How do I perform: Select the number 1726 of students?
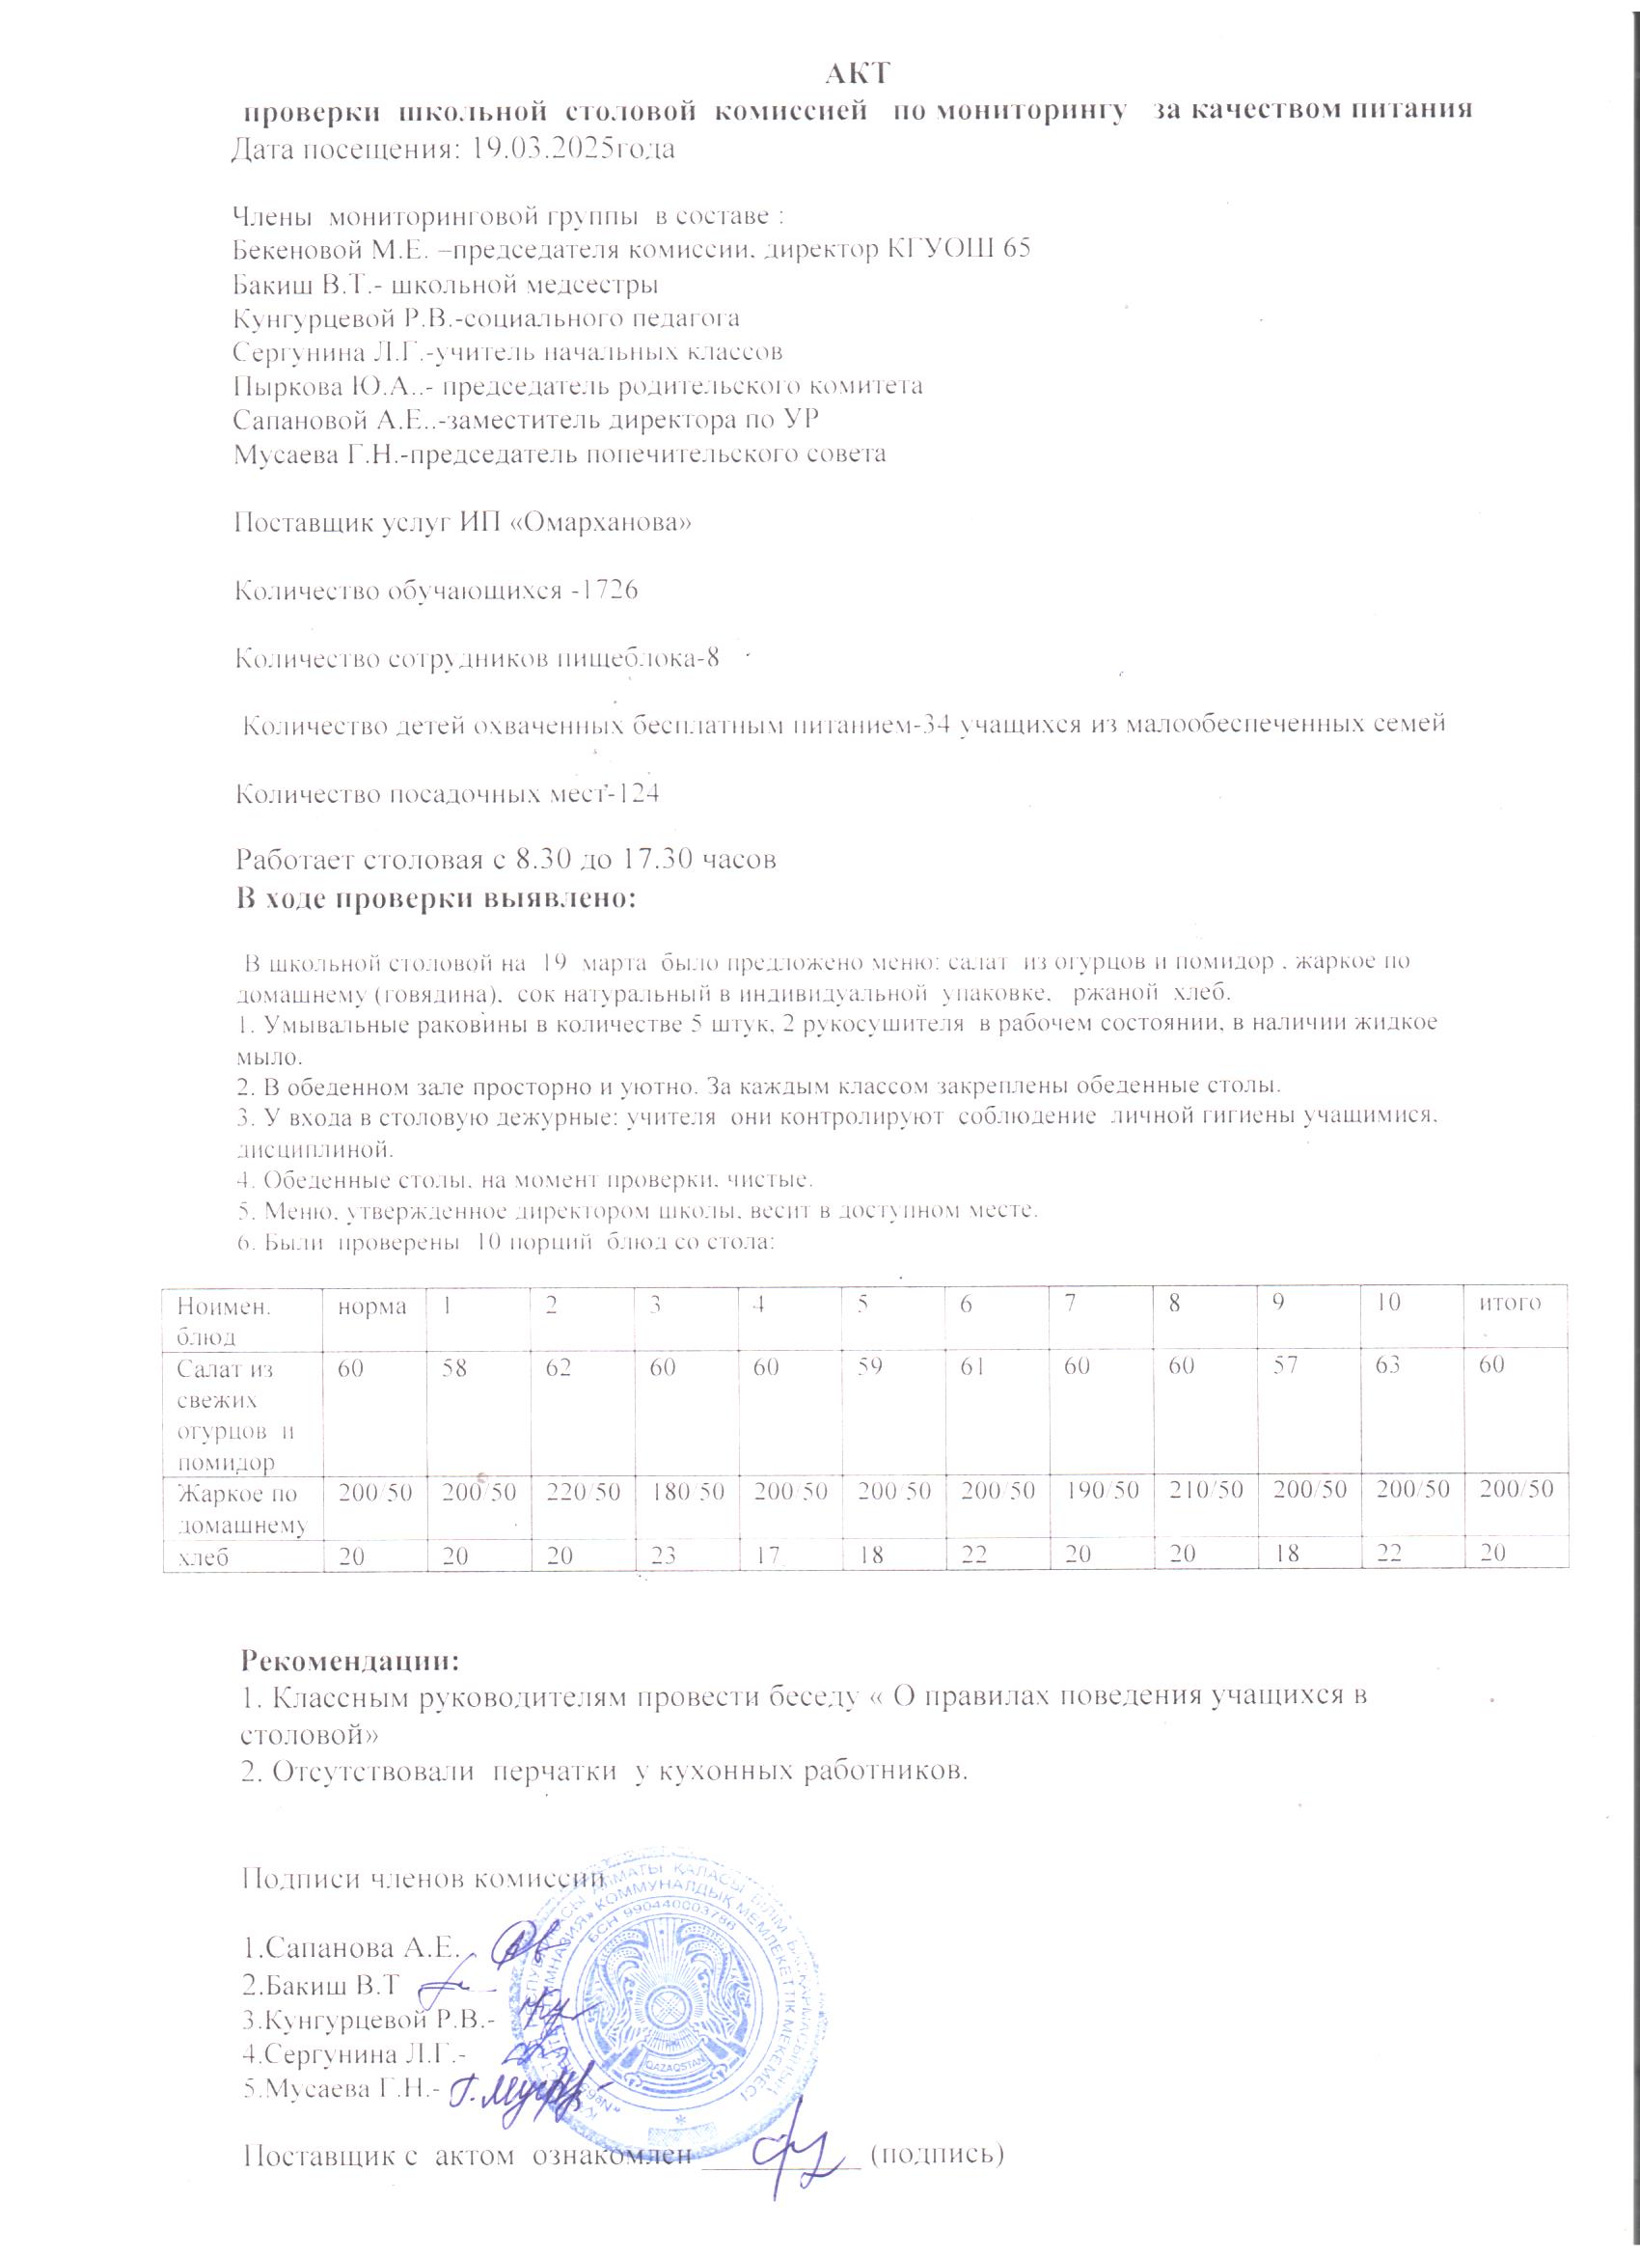(x=608, y=591)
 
